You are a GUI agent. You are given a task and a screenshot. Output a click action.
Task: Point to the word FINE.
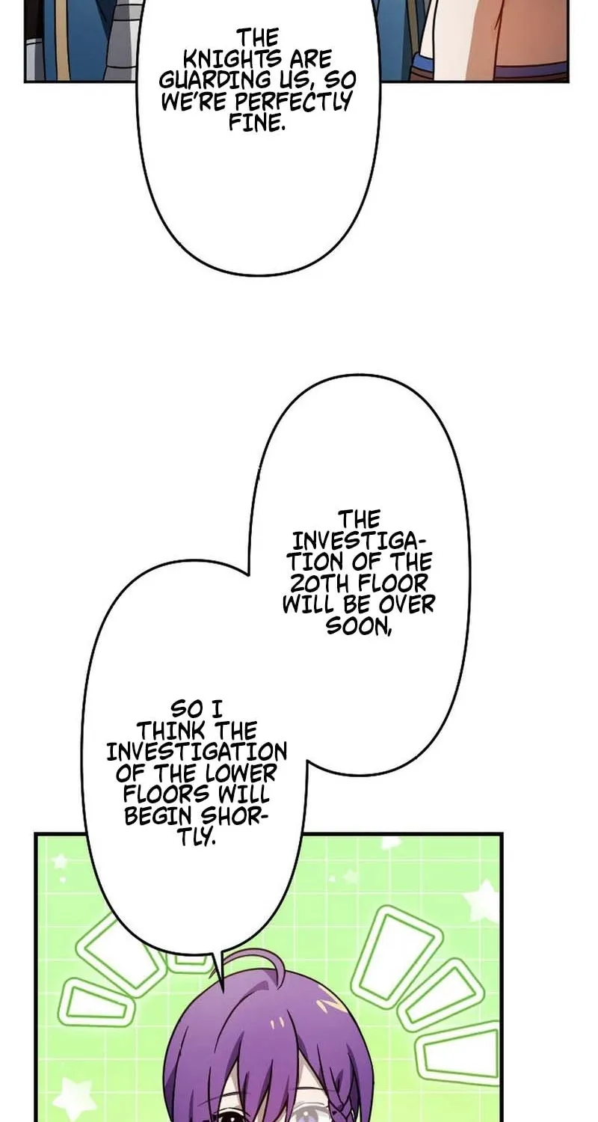[257, 123]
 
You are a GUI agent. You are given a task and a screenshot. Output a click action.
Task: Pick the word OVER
[407, 604]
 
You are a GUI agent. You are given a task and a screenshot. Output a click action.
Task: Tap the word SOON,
[358, 625]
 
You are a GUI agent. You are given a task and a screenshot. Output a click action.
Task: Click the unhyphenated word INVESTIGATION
[197, 752]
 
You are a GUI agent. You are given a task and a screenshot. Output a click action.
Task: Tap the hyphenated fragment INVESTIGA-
[358, 541]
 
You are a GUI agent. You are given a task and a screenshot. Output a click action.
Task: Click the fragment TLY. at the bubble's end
[197, 837]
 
